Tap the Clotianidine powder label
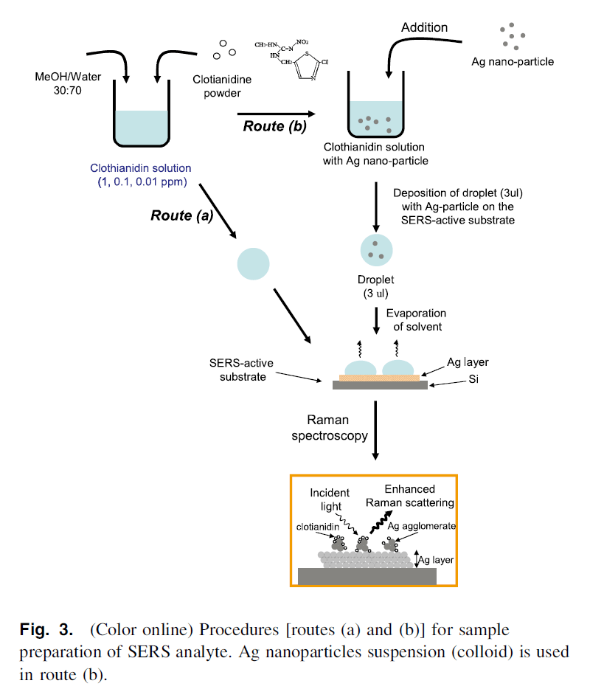[217, 86]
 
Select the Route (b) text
[274, 126]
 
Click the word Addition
[424, 27]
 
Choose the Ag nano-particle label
[513, 61]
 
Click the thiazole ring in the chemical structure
[306, 69]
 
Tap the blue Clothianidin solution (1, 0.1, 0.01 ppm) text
[140, 175]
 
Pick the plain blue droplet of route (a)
[253, 263]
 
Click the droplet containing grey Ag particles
[376, 249]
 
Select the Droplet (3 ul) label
[377, 287]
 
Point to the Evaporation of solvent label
[418, 321]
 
